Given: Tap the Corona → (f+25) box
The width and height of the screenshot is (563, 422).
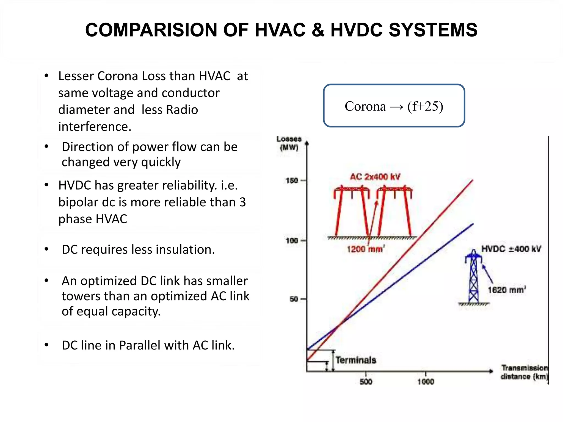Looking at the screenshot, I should [394, 106].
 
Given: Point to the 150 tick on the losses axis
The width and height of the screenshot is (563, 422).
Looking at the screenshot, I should [292, 181].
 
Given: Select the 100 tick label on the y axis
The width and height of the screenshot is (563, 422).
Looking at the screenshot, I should [292, 241].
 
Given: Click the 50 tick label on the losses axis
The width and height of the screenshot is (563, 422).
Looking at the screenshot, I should [294, 299].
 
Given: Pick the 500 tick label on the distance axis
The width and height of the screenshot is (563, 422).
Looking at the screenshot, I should [366, 382].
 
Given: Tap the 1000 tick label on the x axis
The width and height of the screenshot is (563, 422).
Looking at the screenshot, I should [426, 382].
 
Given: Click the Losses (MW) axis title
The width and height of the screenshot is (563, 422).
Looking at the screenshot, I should [289, 143].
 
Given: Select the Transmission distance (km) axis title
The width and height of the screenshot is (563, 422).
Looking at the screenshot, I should [524, 372].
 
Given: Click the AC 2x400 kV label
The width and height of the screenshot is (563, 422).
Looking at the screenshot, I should [375, 177].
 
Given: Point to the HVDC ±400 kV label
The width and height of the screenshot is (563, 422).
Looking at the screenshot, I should [511, 249].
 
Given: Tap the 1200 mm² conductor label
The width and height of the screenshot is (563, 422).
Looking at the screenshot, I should [365, 249].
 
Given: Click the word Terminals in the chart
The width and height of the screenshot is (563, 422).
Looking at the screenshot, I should [356, 360].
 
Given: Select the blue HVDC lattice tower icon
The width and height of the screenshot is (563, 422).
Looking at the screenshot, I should [473, 277].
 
